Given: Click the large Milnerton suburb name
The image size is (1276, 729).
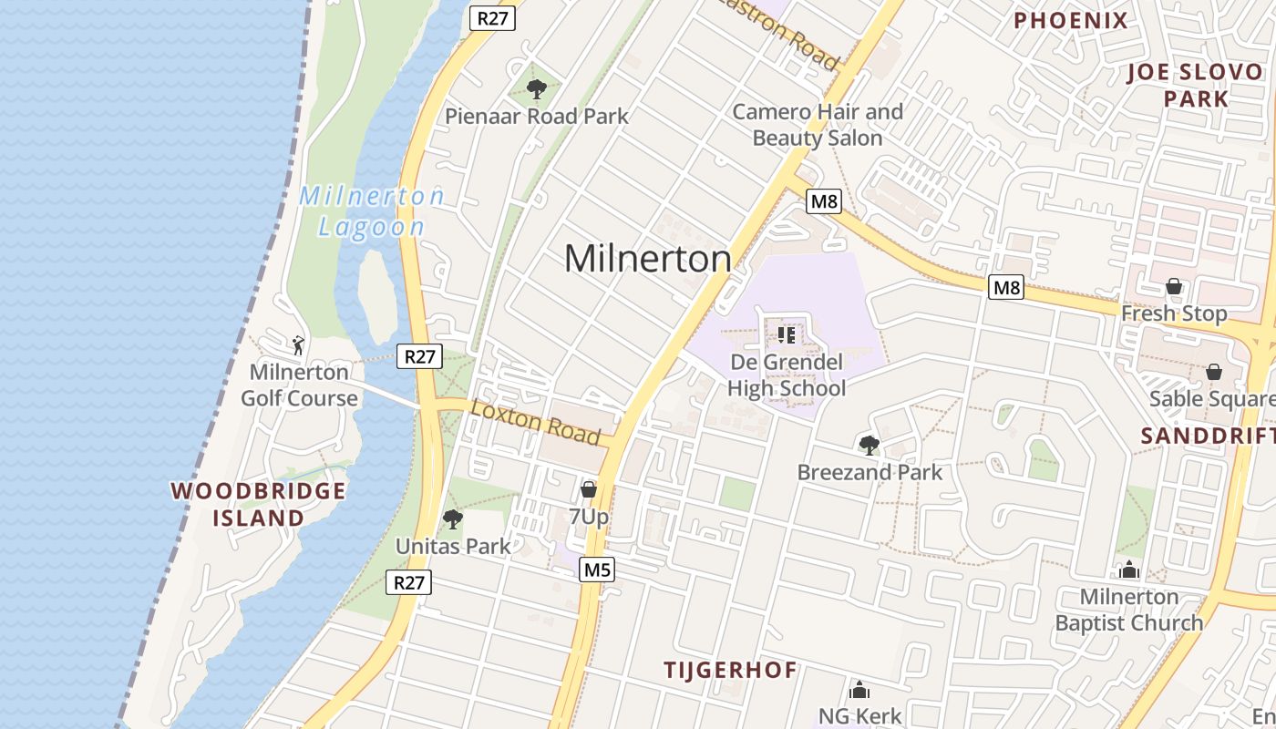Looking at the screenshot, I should [647, 259].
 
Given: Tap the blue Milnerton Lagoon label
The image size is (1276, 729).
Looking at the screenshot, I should [372, 211].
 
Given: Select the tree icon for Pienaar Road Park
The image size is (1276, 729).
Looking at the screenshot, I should [537, 89].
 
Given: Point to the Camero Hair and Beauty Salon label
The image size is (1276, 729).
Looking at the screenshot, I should [818, 125].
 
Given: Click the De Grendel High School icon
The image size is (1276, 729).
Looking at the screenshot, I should [787, 334].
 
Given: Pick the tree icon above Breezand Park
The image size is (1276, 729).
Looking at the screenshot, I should [870, 445].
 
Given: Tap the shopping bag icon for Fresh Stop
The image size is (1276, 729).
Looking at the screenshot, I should [1174, 286].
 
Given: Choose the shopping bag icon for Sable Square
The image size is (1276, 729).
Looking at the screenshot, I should [1213, 372].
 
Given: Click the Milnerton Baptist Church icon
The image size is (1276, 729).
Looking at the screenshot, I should [1129, 570].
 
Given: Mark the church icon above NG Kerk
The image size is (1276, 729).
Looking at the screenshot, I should [859, 689].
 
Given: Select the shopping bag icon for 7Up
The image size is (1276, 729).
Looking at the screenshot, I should [589, 489].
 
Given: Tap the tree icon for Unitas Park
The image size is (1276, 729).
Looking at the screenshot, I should [452, 519].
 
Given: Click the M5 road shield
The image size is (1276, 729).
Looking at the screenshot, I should [596, 570].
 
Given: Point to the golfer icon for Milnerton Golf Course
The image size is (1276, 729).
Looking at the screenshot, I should [298, 345].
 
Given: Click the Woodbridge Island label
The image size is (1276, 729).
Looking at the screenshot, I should [259, 504].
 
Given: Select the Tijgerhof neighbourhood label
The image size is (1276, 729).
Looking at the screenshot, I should [730, 670].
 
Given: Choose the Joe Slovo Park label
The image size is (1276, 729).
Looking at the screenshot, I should [1195, 86].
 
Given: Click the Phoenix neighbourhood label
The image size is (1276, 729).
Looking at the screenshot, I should [1071, 20].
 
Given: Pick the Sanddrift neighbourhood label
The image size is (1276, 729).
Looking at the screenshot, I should [1208, 436].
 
